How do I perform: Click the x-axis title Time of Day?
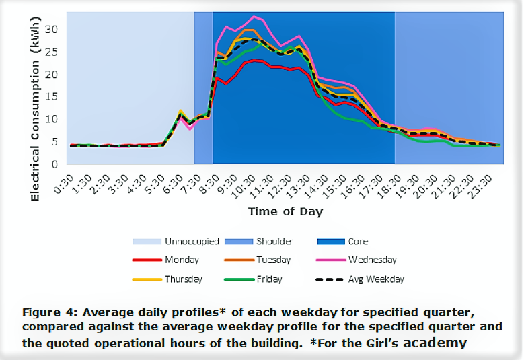click(x=285, y=211)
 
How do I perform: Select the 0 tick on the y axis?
click(x=61, y=164)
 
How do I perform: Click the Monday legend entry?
click(x=181, y=260)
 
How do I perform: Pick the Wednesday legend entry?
click(x=372, y=260)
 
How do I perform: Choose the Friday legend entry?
click(x=269, y=279)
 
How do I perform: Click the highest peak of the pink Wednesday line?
click(x=254, y=17)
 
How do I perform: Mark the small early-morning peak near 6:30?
click(x=180, y=111)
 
